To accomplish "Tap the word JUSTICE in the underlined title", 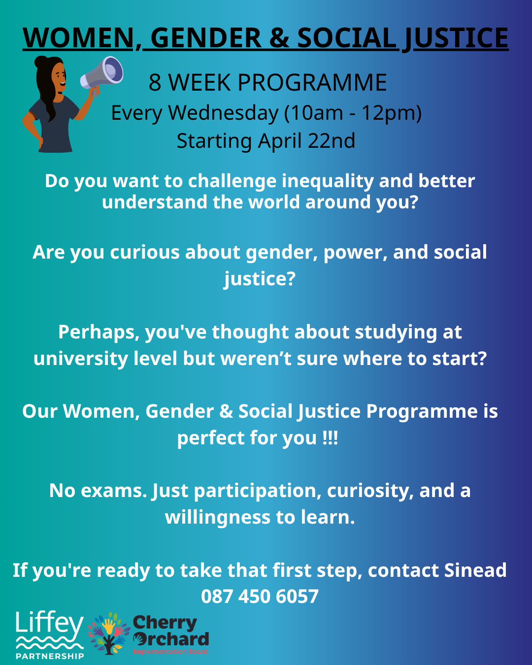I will point(455,38).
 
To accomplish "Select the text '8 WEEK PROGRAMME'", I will point(267,82).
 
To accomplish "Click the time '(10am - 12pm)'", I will point(353,113).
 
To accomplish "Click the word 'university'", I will point(80,359).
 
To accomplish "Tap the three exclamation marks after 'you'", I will point(330,438).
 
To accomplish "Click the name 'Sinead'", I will point(475,570).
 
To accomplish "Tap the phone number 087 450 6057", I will point(260,597).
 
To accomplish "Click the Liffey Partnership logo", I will point(49,635).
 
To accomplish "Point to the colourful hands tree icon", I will point(109,633).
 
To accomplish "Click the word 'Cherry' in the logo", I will point(165,623).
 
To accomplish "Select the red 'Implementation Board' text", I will point(170,652).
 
